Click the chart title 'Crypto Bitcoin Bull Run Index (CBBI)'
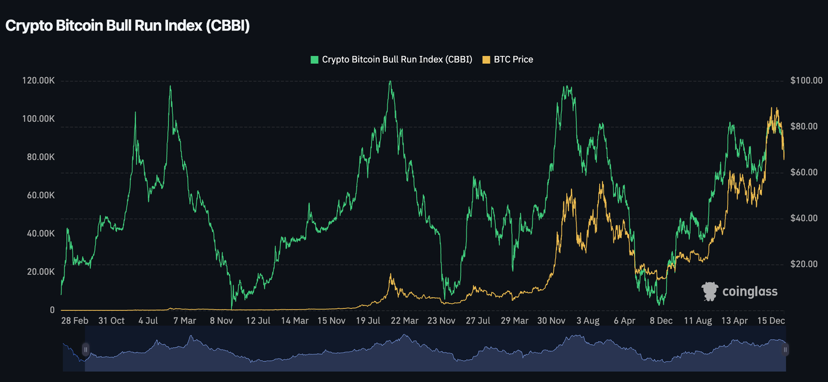pos(127,26)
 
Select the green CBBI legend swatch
pos(314,60)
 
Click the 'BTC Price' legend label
pos(513,60)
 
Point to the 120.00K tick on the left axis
pos(38,81)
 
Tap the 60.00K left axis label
pos(41,195)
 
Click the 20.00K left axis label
pos(41,272)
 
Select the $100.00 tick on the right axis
pos(806,81)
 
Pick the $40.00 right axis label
pos(804,218)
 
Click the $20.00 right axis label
pos(804,264)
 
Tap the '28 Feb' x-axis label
pos(75,321)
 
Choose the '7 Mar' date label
pos(185,321)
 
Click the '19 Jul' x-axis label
pos(368,321)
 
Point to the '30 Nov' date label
pos(551,321)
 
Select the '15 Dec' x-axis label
pos(771,321)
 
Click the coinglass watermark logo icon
pos(709,291)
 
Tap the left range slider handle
pos(85,349)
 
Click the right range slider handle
pos(785,349)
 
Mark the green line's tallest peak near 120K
pos(390,81)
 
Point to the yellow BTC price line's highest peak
pos(772,108)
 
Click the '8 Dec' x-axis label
pos(661,321)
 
